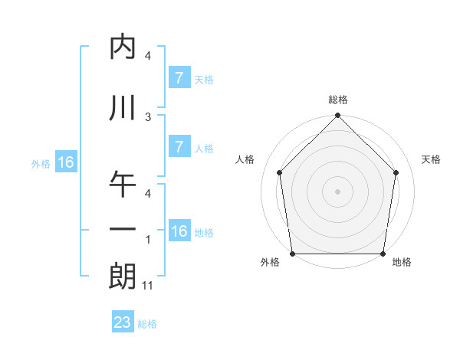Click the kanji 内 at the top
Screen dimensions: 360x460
[x=123, y=47]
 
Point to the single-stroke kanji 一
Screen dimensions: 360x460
[x=123, y=230]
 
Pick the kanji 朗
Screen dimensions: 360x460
[x=123, y=276]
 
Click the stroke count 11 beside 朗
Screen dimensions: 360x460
[x=149, y=286]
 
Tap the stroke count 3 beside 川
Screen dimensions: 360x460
[x=148, y=116]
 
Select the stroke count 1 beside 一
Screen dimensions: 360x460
[x=148, y=240]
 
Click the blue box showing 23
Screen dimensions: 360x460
[x=123, y=322]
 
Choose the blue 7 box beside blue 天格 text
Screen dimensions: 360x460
[x=179, y=77]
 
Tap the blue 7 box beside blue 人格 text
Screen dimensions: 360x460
[x=179, y=147]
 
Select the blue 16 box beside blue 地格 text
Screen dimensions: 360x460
[x=179, y=231]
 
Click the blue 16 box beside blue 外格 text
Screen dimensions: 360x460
[x=65, y=162]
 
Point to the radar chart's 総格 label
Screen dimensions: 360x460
[x=338, y=100]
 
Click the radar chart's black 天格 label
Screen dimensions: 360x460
[x=432, y=159]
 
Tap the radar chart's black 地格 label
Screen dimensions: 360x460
[x=402, y=263]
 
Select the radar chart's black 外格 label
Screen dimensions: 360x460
[x=270, y=263]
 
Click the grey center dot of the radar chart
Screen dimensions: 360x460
[x=338, y=191]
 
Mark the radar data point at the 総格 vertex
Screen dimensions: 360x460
[x=338, y=116]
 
